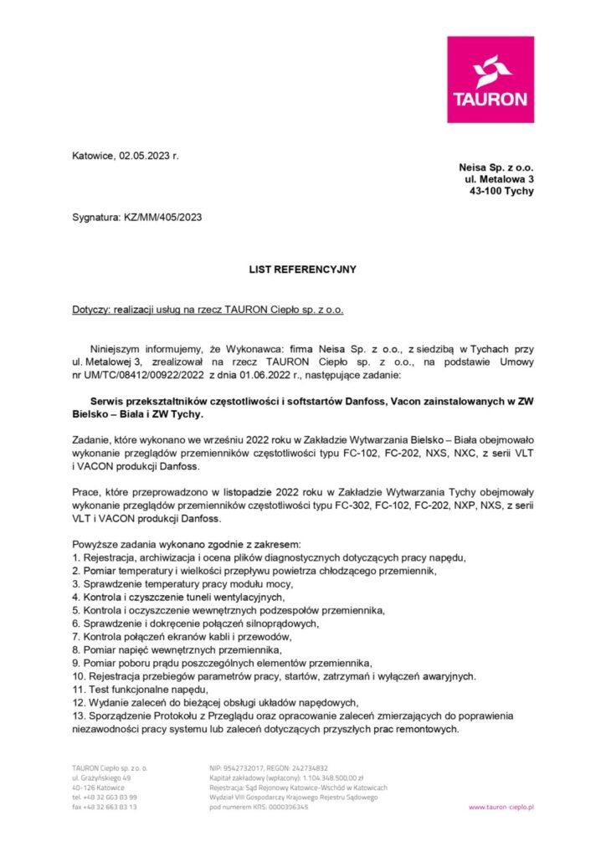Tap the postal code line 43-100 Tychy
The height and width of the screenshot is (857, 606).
click(x=501, y=191)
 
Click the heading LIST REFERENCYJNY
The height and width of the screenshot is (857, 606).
click(x=302, y=269)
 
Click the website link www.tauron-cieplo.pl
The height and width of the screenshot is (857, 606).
click(x=501, y=807)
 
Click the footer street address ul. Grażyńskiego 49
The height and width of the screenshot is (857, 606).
click(x=101, y=777)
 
